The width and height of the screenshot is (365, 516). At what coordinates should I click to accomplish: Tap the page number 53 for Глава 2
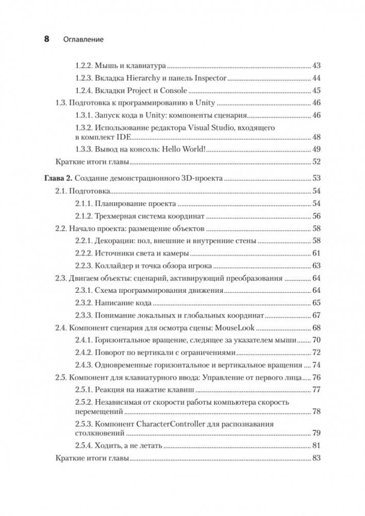(x=317, y=178)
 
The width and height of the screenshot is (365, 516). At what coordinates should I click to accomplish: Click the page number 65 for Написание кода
(x=317, y=303)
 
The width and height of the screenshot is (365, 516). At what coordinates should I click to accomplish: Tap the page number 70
(x=317, y=340)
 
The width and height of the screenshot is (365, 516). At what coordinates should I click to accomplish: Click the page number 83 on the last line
(x=317, y=458)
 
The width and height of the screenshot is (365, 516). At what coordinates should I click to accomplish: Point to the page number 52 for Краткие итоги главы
(x=317, y=162)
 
